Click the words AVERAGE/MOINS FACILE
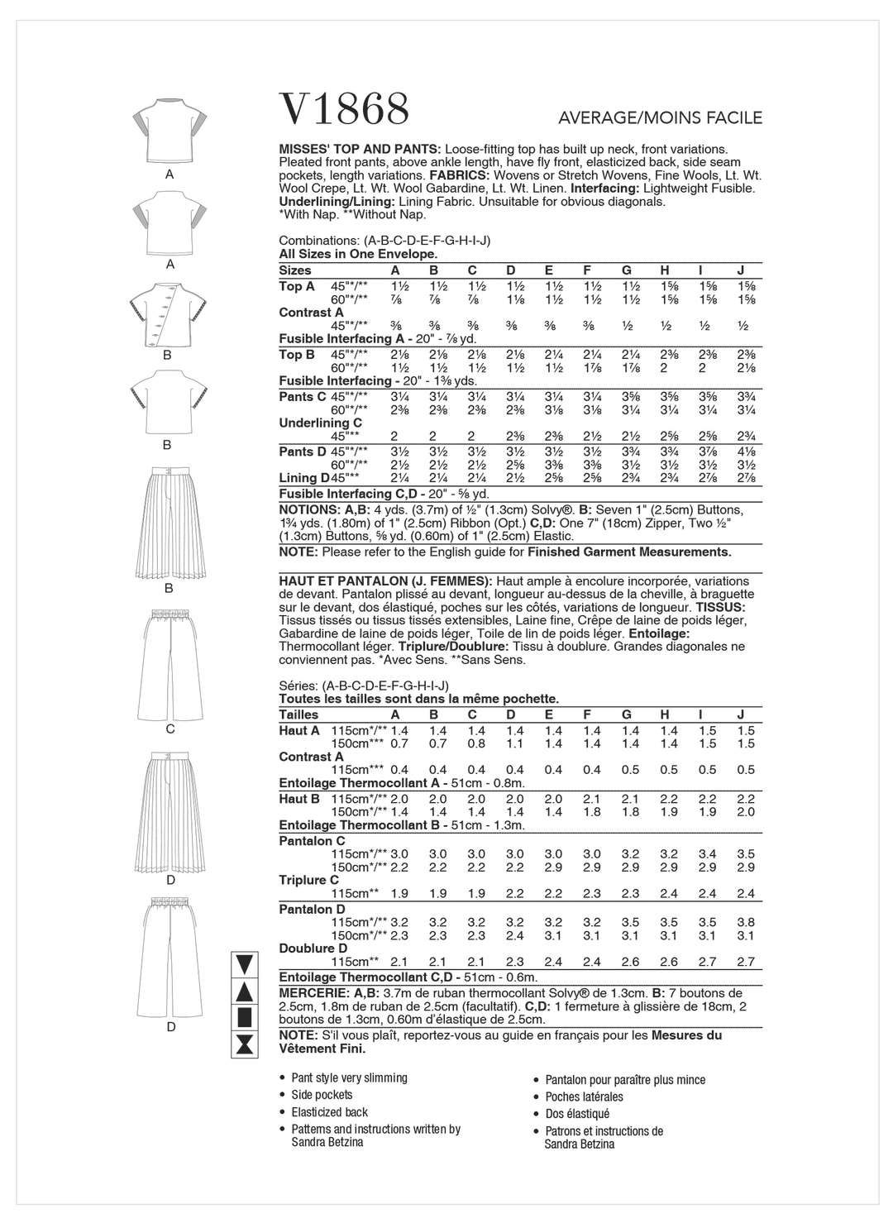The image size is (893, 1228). pyautogui.click(x=660, y=118)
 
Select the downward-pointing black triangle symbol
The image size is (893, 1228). pyautogui.click(x=244, y=964)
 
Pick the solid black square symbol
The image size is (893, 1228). pyautogui.click(x=244, y=1016)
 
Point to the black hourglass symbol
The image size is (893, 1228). pyautogui.click(x=244, y=1044)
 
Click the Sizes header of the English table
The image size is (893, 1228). pyautogui.click(x=295, y=270)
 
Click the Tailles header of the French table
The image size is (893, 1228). pyautogui.click(x=298, y=714)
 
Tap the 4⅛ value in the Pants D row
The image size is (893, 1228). pyautogui.click(x=746, y=452)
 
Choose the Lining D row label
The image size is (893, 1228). pyautogui.click(x=304, y=478)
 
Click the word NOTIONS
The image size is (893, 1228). pyautogui.click(x=304, y=509)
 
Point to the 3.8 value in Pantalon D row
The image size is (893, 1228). pyautogui.click(x=746, y=922)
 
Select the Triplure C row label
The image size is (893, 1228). pyautogui.click(x=309, y=880)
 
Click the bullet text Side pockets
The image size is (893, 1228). pyautogui.click(x=322, y=1095)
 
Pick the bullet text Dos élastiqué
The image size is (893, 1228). pyautogui.click(x=577, y=1114)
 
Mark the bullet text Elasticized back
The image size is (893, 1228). pyautogui.click(x=329, y=1112)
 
